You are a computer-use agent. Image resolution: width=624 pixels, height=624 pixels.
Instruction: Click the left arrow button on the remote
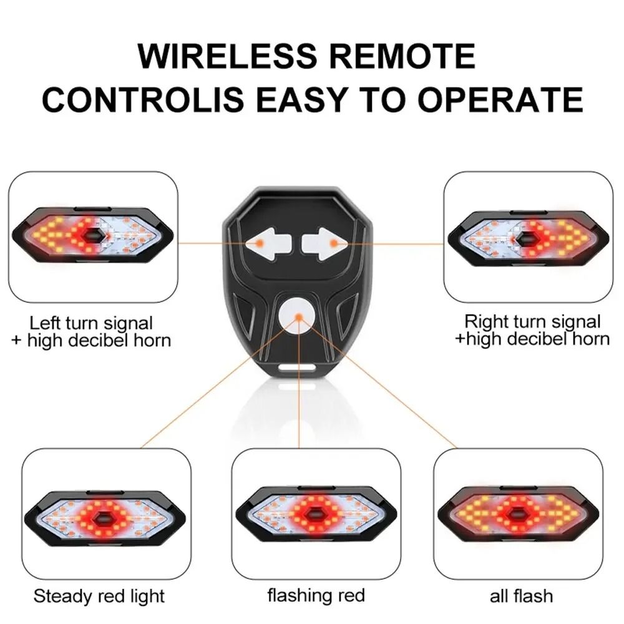pos(262,243)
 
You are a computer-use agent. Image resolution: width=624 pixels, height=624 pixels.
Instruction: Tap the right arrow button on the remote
pos(321,243)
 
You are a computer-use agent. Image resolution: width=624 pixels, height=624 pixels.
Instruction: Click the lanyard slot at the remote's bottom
pos(298,367)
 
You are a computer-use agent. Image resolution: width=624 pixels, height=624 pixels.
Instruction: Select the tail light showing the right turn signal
pos(528,238)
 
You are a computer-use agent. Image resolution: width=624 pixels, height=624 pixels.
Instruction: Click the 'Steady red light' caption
pos(99,596)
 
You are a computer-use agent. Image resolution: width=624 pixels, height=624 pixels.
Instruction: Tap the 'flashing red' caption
pos(316,595)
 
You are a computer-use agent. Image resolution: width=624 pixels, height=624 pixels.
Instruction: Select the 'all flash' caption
pos(521,596)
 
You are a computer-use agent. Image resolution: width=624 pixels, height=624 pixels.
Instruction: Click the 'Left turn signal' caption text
pos(91,323)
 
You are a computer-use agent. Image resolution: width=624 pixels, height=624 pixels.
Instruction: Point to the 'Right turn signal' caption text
pos(532,322)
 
